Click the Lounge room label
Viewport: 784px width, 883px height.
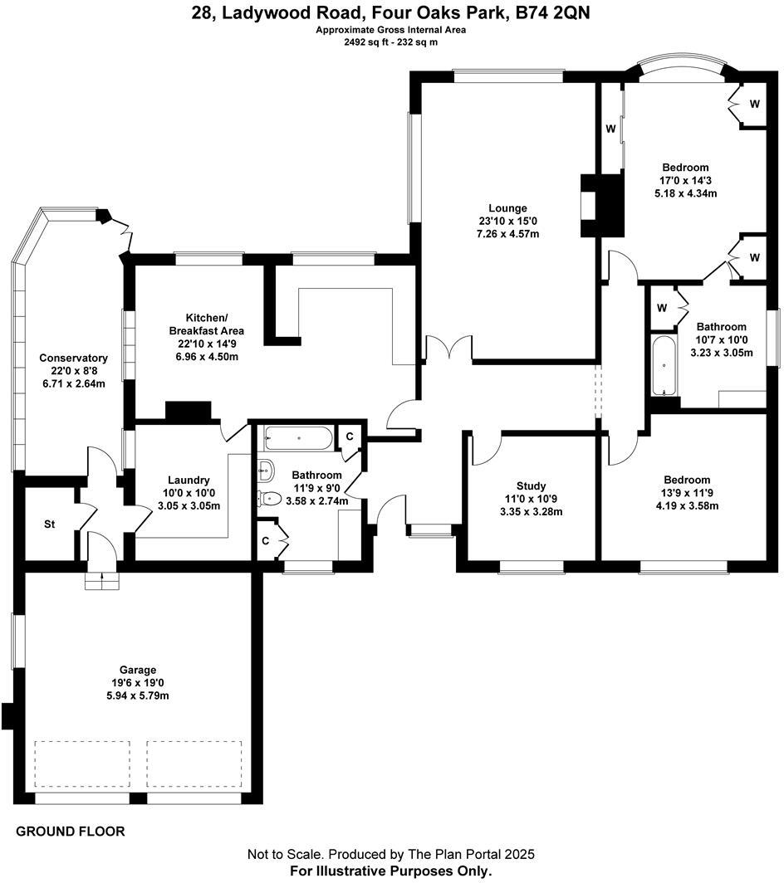[507, 207]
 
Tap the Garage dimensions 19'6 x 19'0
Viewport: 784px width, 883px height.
[137, 683]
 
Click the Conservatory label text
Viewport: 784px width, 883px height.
[73, 358]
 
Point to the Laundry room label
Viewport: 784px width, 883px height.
[189, 480]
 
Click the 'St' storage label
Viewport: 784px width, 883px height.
[49, 524]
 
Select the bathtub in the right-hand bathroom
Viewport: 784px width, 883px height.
[664, 366]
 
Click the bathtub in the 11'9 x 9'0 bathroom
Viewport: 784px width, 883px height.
[298, 437]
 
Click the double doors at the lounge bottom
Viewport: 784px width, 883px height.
[448, 349]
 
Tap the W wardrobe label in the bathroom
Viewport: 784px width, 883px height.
[662, 308]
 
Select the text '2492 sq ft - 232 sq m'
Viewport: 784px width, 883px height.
[390, 42]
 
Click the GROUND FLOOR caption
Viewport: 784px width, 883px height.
[71, 831]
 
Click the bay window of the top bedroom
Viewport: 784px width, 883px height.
[682, 70]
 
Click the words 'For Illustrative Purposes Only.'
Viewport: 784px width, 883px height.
[390, 871]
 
